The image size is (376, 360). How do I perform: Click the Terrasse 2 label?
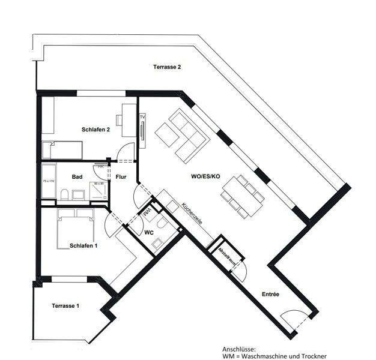(x=167, y=67)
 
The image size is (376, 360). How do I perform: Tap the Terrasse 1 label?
(x=65, y=306)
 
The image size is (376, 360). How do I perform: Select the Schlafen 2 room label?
(x=96, y=129)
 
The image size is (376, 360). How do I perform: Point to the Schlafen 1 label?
(x=83, y=245)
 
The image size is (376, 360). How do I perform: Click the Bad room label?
(x=77, y=177)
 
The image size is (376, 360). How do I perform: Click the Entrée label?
(x=270, y=294)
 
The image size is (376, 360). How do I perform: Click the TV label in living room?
(x=142, y=116)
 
